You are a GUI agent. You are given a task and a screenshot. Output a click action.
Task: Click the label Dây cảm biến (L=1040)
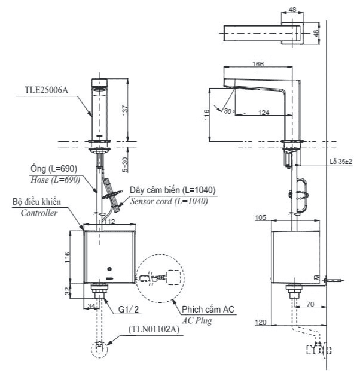(x=173, y=190)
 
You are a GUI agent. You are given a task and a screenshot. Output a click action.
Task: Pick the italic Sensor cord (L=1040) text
(x=169, y=201)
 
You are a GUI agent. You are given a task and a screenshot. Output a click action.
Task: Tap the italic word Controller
(x=39, y=213)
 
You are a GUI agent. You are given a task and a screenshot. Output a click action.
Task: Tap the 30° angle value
(x=228, y=111)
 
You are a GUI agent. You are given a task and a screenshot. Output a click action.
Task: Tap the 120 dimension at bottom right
(x=260, y=323)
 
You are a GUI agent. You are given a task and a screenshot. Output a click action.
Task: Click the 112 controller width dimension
(x=108, y=222)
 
